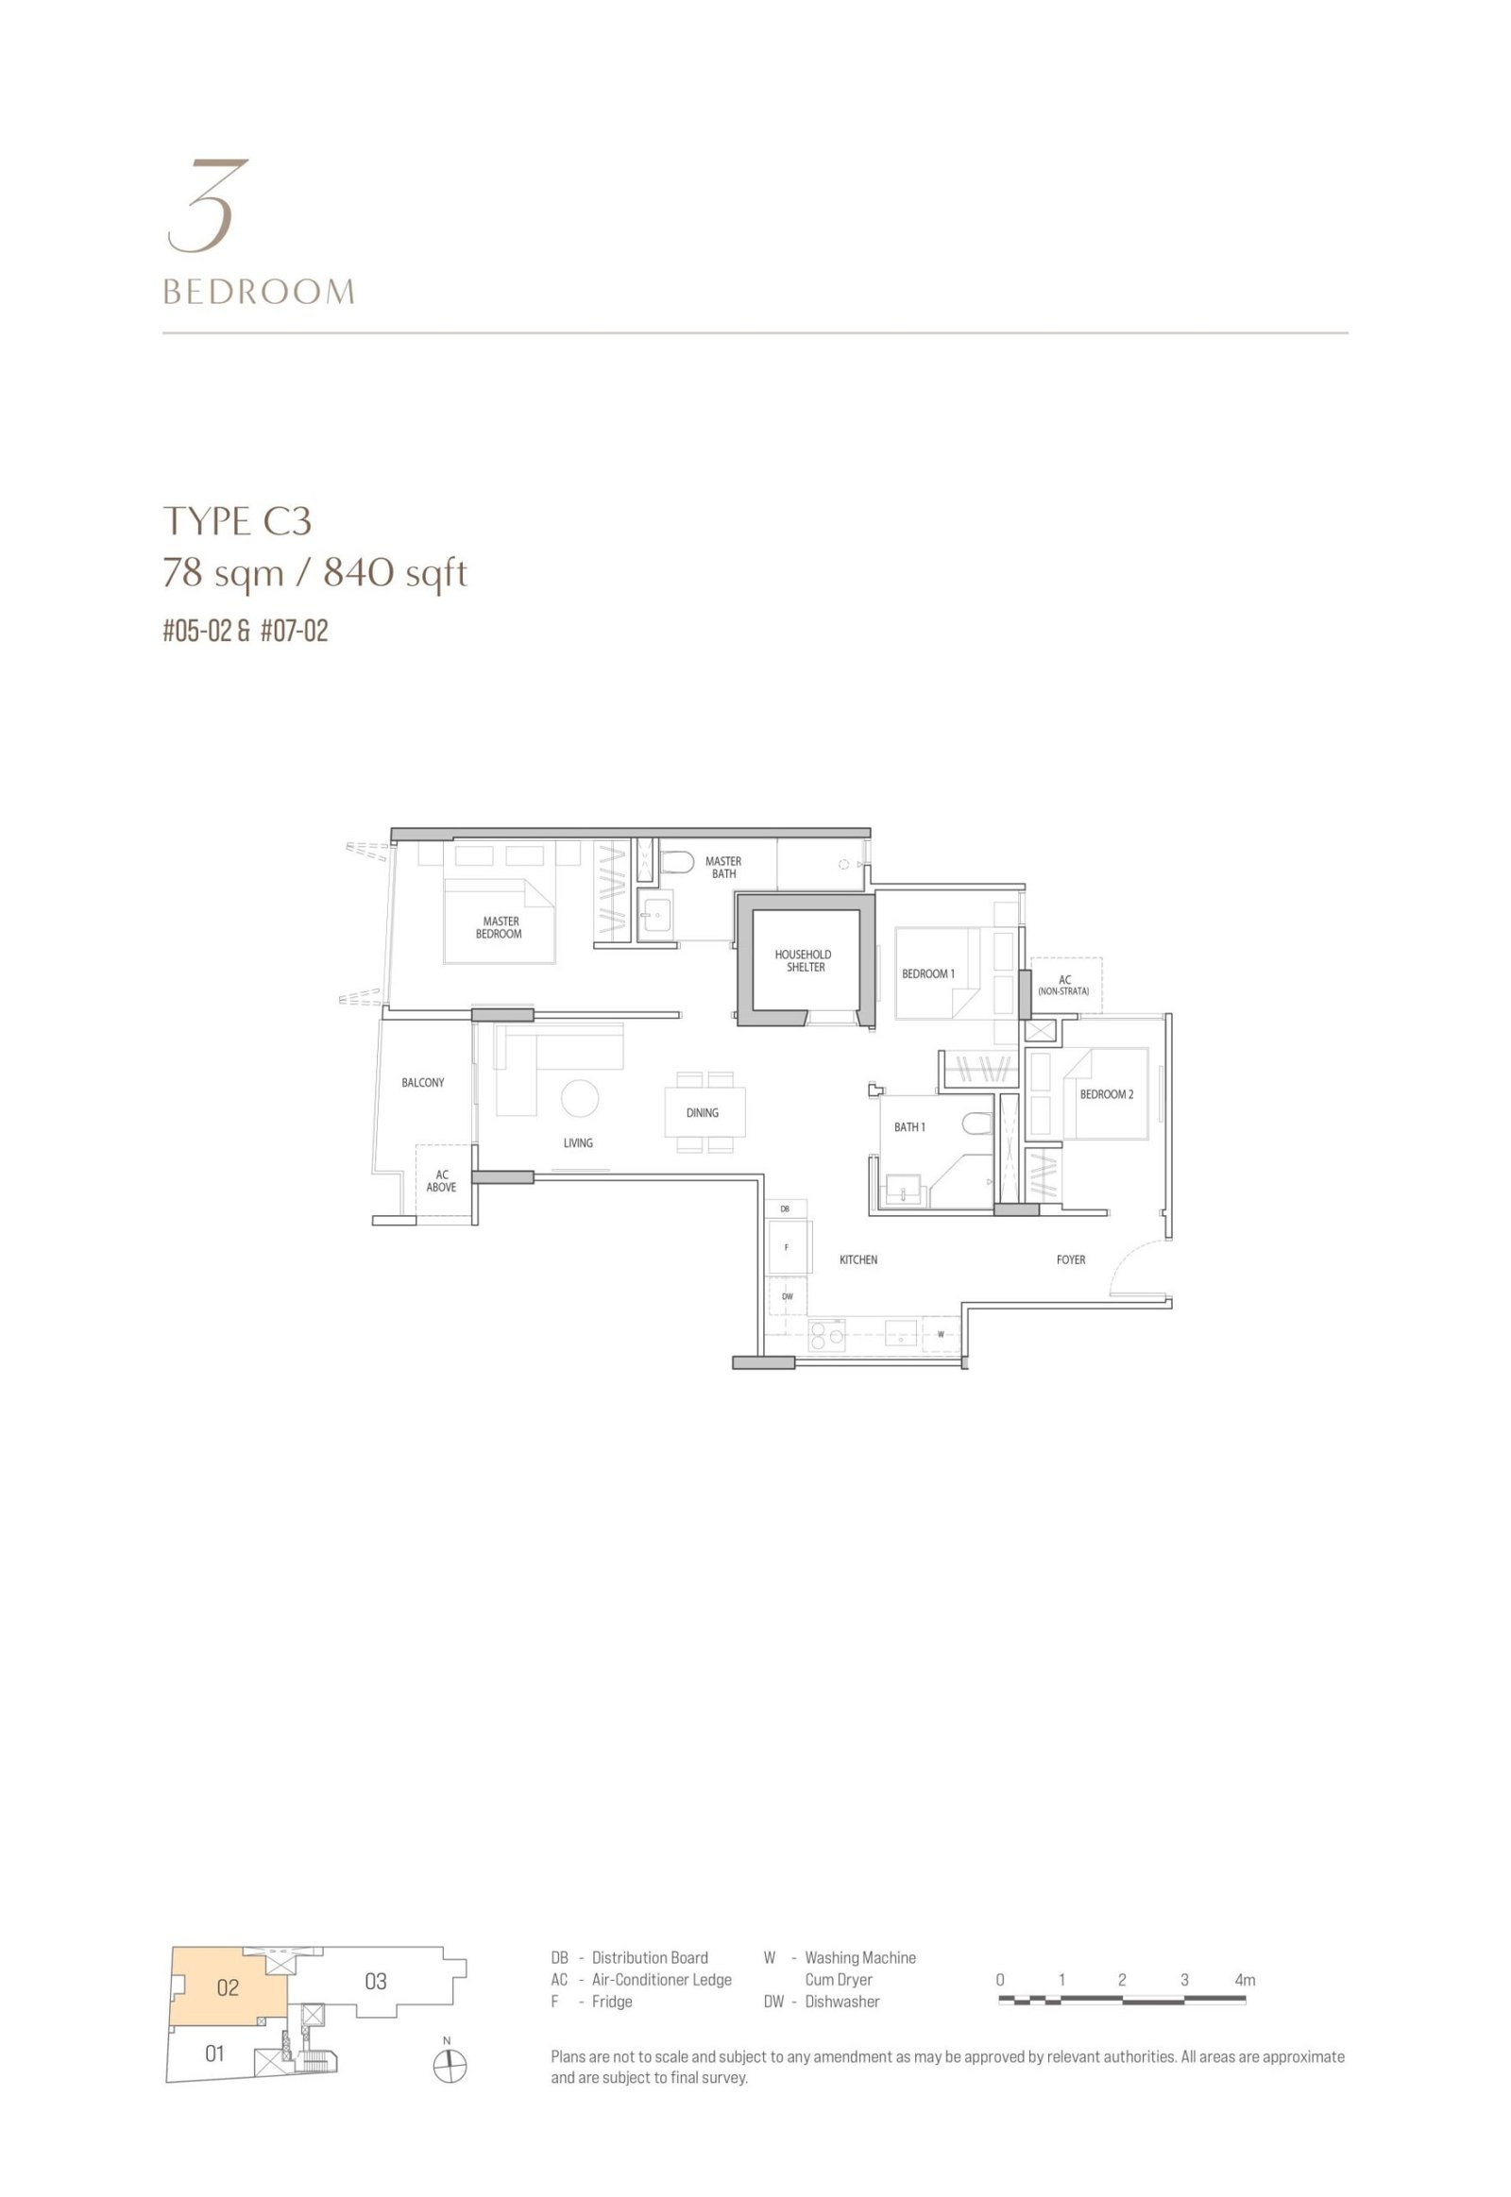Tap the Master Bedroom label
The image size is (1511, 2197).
pyautogui.click(x=500, y=928)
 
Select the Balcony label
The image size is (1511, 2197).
pyautogui.click(x=422, y=1083)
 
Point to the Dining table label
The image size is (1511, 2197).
pyautogui.click(x=703, y=1113)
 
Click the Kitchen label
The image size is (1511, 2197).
pyautogui.click(x=858, y=1259)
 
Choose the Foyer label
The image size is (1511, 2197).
pyautogui.click(x=1071, y=1259)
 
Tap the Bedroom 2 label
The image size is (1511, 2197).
pyautogui.click(x=1107, y=1094)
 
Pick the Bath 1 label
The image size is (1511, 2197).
pyautogui.click(x=909, y=1127)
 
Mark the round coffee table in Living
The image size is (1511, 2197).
pyautogui.click(x=580, y=1098)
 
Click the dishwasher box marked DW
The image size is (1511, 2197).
pyautogui.click(x=788, y=1296)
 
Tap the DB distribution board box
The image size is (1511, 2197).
pyautogui.click(x=786, y=1208)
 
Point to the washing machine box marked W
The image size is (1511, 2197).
pyautogui.click(x=941, y=1334)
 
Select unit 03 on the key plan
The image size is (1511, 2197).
pyautogui.click(x=376, y=1981)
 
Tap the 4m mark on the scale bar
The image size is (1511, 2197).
pyautogui.click(x=1244, y=1979)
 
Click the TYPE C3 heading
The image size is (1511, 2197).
pyautogui.click(x=238, y=521)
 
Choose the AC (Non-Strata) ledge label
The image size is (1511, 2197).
pyautogui.click(x=1064, y=986)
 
